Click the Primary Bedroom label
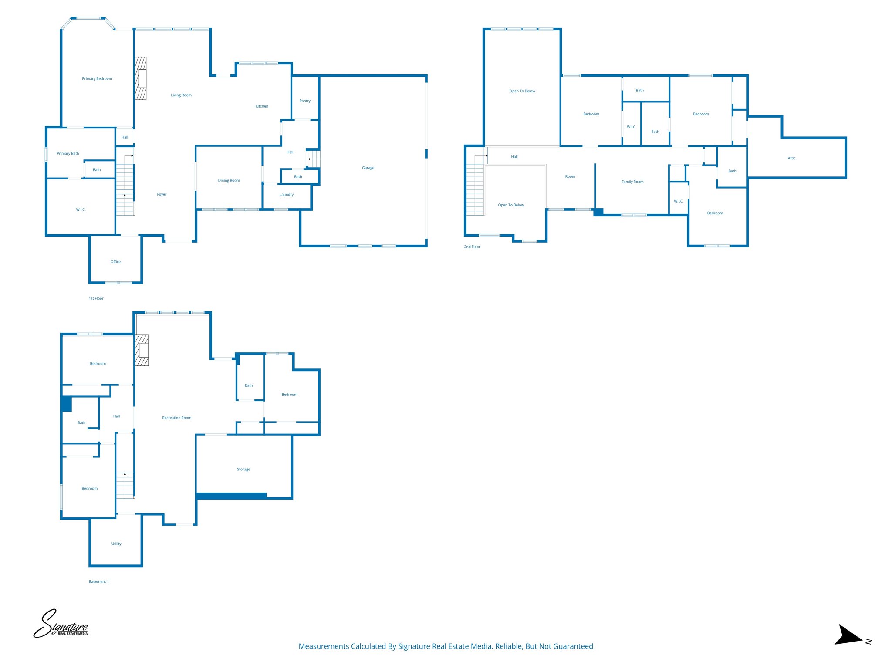(97, 79)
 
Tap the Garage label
(368, 168)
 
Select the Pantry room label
(305, 101)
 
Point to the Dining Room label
(229, 180)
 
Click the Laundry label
(286, 195)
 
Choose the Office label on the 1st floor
(115, 262)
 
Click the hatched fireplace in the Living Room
(140, 78)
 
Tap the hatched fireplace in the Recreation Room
(142, 350)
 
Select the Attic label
(791, 158)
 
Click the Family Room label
(632, 182)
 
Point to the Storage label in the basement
(243, 470)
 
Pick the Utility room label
(116, 544)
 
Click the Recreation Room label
(176, 418)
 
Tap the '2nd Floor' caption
(472, 247)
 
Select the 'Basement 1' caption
(98, 582)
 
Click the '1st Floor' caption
(96, 299)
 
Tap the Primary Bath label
(68, 154)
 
